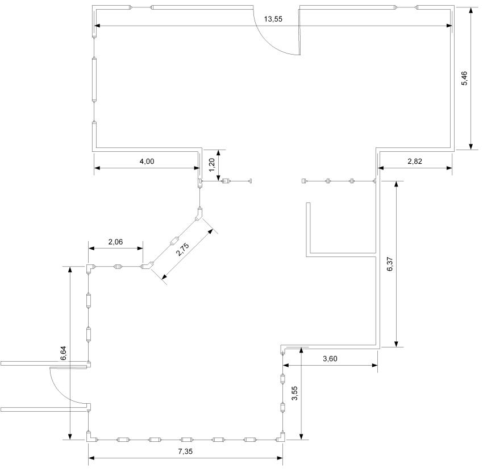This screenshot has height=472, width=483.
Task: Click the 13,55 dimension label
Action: pos(273,19)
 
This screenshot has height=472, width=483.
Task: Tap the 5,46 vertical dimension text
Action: pos(464,78)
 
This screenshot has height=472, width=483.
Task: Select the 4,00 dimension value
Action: pos(147,162)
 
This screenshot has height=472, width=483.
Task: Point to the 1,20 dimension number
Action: pos(212,165)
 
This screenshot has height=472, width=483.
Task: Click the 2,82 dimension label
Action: pos(415,162)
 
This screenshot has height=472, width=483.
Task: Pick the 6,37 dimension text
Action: pos(390,264)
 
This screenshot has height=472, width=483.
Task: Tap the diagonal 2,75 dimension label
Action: pos(182,250)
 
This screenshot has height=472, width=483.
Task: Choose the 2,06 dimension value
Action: pos(115,242)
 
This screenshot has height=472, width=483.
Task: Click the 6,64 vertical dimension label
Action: pos(64,353)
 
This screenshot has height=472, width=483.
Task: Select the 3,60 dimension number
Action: pos(330,358)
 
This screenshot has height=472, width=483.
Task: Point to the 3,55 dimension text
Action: pos(295,394)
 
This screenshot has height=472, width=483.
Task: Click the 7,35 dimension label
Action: pos(185,452)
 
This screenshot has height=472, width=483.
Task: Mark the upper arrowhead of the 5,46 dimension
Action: pos(470,10)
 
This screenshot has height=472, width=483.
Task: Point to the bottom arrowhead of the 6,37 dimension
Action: pos(397,343)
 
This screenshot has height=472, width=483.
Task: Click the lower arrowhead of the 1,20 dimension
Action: pos(218,177)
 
